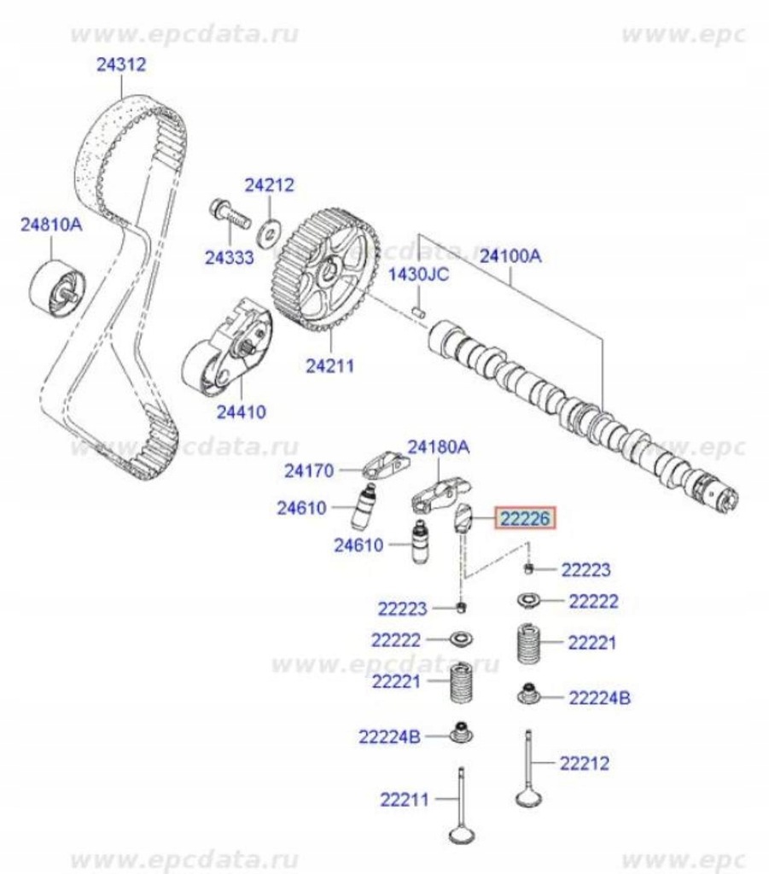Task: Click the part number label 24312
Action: (x=120, y=64)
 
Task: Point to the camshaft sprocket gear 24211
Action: (x=323, y=269)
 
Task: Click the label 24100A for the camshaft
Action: (x=511, y=254)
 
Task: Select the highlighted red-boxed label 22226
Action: (x=527, y=518)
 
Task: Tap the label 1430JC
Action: (x=418, y=275)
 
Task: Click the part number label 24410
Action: (x=241, y=411)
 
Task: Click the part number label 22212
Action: (x=585, y=763)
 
